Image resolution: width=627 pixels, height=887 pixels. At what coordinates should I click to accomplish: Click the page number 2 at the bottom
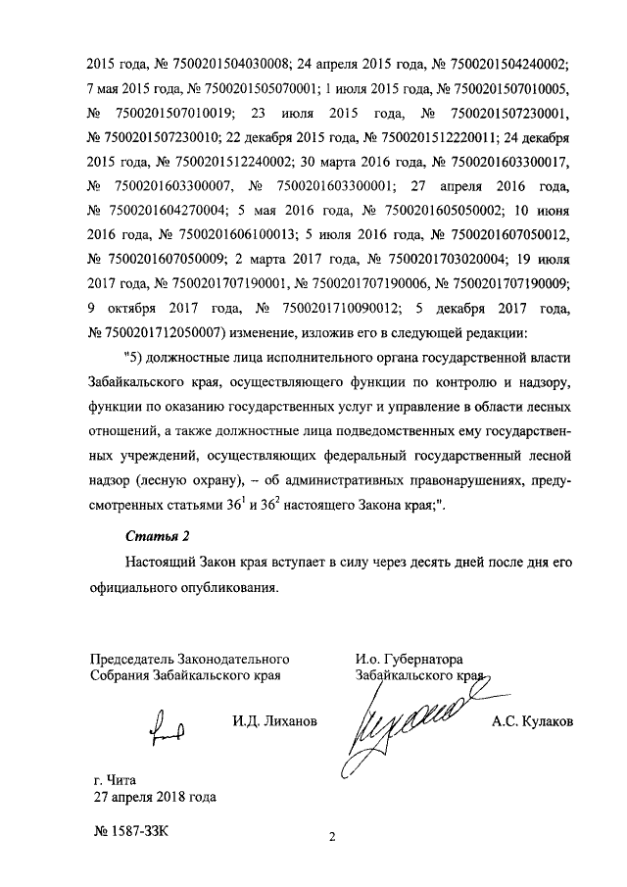tap(331, 837)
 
